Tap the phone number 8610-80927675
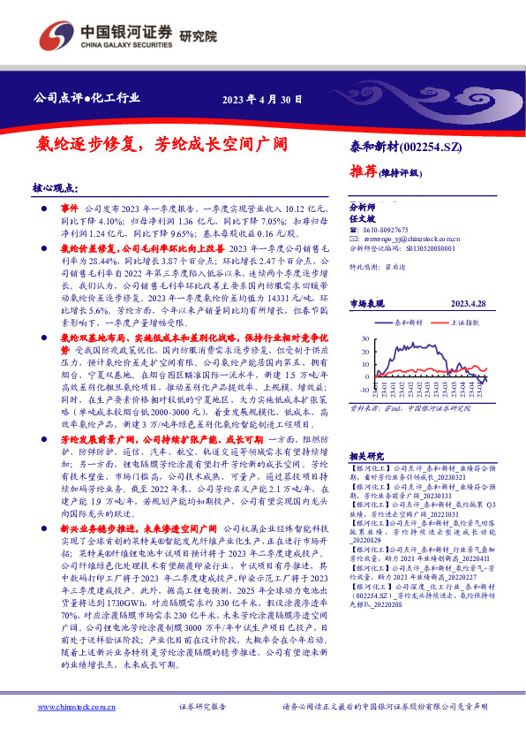click(393, 229)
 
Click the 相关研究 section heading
click(367, 453)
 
